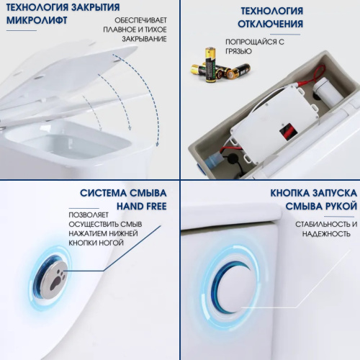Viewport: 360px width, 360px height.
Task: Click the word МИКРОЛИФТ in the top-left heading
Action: (35, 21)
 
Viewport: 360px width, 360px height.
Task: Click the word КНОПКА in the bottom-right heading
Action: (293, 193)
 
